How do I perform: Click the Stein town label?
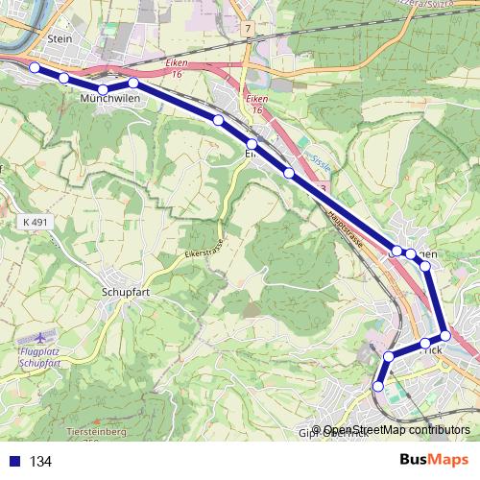point(59,39)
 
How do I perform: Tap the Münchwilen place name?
point(110,99)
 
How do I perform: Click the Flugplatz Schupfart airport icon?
point(42,339)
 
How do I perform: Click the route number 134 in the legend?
point(40,461)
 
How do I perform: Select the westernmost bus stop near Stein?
point(35,67)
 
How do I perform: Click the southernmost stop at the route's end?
point(377,386)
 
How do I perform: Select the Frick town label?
point(432,352)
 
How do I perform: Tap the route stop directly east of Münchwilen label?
point(133,84)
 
